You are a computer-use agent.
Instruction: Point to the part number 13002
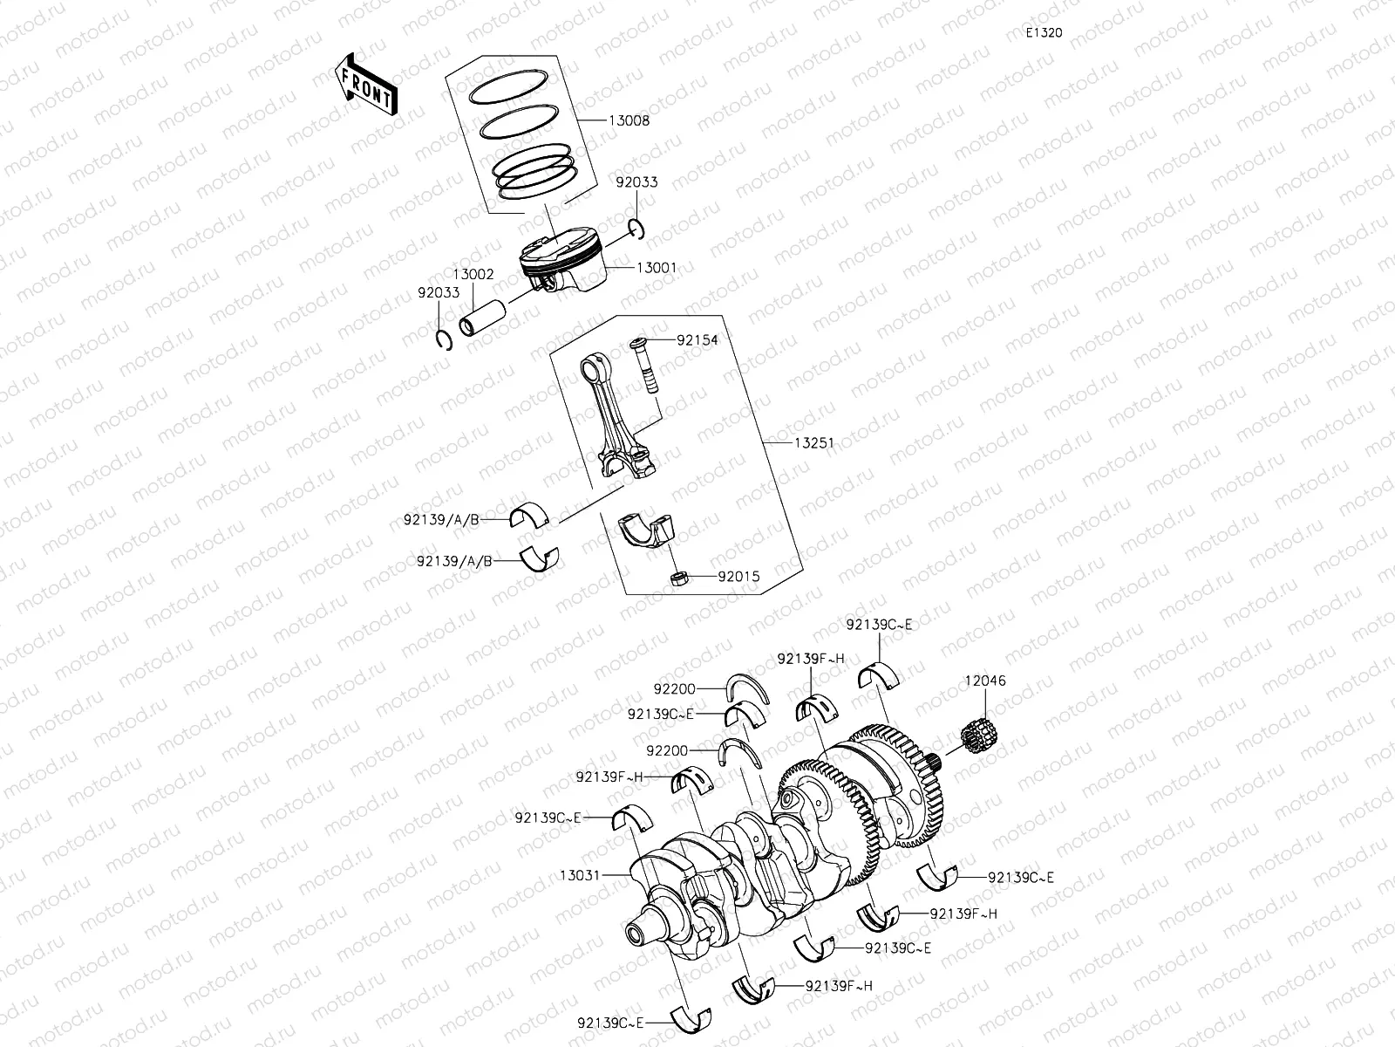pyautogui.click(x=473, y=274)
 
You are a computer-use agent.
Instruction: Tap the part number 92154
pyautogui.click(x=697, y=340)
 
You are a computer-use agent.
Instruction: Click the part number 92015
pyautogui.click(x=738, y=577)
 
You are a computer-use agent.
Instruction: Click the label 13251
pyautogui.click(x=813, y=443)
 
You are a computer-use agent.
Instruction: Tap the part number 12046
pyautogui.click(x=984, y=681)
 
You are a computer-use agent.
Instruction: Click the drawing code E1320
pyautogui.click(x=1044, y=32)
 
